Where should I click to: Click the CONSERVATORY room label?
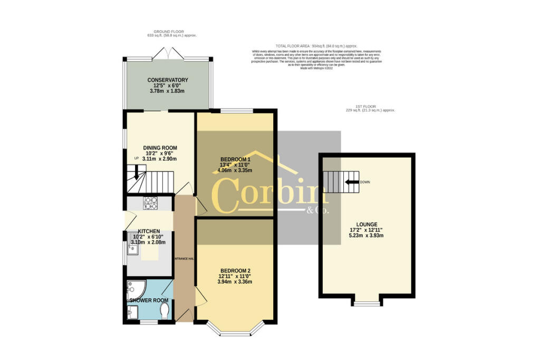[x=167, y=80]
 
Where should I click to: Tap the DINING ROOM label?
[x=160, y=148]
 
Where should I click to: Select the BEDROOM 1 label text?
[x=235, y=159]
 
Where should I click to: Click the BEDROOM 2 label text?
[x=235, y=270]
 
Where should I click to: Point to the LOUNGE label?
[x=367, y=224]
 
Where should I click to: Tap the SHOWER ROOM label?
[x=149, y=300]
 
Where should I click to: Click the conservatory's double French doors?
[x=167, y=53]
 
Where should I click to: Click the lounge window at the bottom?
[x=367, y=303]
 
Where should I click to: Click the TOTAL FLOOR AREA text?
[x=305, y=46]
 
